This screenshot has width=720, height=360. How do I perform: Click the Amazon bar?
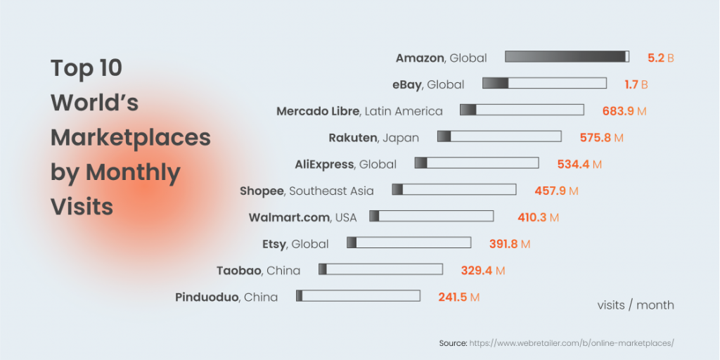tap(567, 57)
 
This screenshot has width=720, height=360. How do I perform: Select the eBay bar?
tap(544, 84)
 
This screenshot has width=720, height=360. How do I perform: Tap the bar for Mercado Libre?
tap(522, 110)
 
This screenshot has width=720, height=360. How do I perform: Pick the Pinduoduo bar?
tap(358, 296)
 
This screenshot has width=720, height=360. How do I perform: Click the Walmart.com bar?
tap(432, 217)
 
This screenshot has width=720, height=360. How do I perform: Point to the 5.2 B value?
tap(660, 58)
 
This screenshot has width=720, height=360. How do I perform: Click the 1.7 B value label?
tap(636, 84)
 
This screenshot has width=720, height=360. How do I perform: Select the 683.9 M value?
tap(624, 111)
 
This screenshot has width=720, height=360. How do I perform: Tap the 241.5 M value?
tap(458, 297)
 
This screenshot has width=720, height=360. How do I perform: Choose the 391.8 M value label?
tap(509, 244)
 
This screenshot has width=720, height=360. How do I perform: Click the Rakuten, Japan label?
tap(373, 138)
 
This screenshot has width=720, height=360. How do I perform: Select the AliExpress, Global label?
tap(345, 165)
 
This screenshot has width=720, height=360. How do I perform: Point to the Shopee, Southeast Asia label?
tap(307, 191)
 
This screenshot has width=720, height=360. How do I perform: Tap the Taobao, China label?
tap(258, 271)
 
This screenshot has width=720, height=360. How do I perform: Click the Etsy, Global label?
tap(295, 244)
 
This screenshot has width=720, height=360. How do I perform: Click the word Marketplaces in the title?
tap(131, 138)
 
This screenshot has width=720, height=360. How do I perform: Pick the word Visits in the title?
tap(82, 207)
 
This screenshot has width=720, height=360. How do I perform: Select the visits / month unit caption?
tap(635, 305)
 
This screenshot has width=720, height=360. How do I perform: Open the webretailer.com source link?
tap(572, 343)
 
